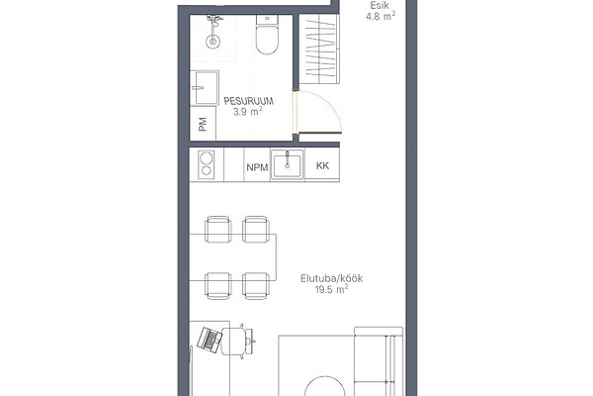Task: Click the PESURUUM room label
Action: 248,101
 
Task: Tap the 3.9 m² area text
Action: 248,112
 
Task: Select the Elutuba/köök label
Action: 332,278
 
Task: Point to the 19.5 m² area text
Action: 331,289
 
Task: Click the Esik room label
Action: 380,6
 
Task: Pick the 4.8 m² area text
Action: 381,16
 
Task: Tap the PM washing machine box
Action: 203,124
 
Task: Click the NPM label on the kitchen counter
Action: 257,167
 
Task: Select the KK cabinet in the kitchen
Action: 322,165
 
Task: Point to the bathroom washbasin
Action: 205,88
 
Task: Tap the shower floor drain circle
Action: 213,41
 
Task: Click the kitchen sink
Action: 287,165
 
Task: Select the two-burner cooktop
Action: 207,165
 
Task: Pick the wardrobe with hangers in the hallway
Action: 319,49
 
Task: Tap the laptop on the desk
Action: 210,340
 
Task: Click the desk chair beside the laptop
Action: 237,341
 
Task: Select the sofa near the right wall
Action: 379,360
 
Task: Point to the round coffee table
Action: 325,386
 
